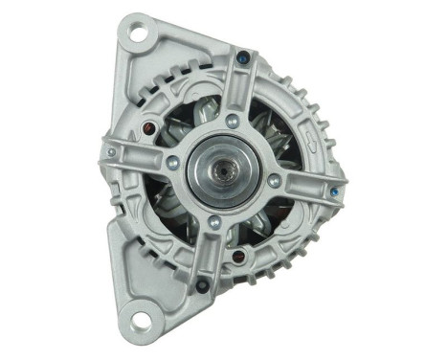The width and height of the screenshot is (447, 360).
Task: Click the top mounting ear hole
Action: pos(138,37)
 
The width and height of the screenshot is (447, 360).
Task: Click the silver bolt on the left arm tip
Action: pos(112,151)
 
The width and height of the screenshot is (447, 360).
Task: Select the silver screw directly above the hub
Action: pos(233,121)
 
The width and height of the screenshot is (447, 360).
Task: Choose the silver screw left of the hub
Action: pos(172,162)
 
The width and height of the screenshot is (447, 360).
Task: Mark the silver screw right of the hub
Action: pos(274,180)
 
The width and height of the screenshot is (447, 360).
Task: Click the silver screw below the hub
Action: pos(214,222)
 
